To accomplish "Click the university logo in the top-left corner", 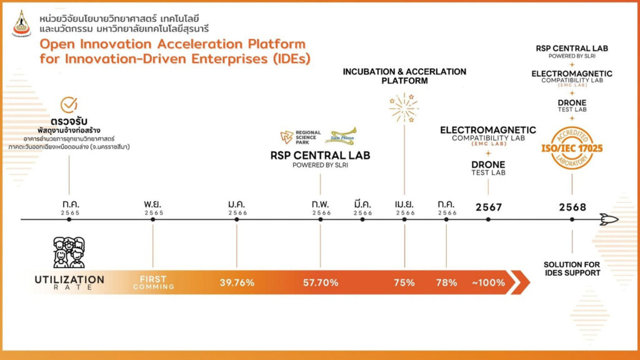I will [x=21, y=23].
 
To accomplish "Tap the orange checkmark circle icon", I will [x=69, y=105].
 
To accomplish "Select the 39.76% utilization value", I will [x=237, y=282].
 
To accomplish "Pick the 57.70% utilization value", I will [x=321, y=282].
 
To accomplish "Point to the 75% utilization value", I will [x=404, y=282].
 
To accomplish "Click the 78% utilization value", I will [x=446, y=282].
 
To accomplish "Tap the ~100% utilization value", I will [x=489, y=282].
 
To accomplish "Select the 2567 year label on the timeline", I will [x=489, y=207].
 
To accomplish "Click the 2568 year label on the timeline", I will [x=572, y=207].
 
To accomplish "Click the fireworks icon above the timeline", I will [x=404, y=107].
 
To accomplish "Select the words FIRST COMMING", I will [x=153, y=282].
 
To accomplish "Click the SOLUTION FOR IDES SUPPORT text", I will [x=572, y=269].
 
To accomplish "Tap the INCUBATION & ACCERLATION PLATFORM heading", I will [x=404, y=76].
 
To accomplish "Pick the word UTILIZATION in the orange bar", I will [x=69, y=279].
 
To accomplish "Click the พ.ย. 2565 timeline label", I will [x=153, y=207].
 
